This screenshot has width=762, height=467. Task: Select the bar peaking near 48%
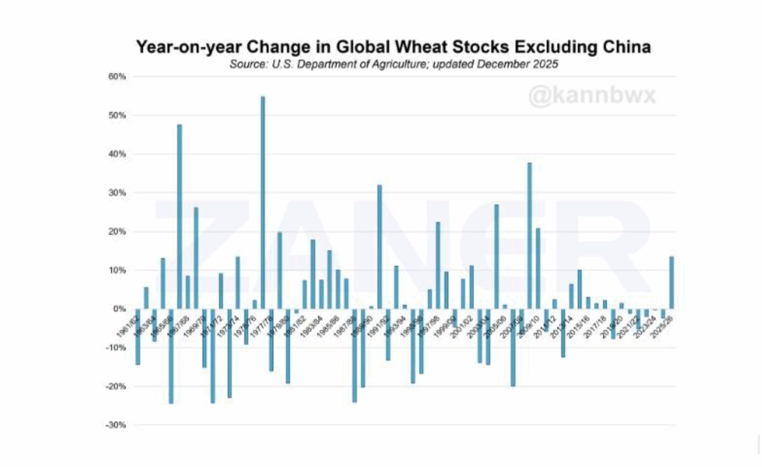180,216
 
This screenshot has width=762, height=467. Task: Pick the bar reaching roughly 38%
530,235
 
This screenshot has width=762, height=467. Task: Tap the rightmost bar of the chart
671,283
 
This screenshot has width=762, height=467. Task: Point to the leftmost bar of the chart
138,337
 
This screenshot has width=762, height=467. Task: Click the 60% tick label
118,77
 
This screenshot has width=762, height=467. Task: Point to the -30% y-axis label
117,425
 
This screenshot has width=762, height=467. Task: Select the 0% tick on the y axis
121,309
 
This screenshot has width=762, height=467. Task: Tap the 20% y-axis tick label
118,232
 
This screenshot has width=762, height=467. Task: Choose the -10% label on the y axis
117,348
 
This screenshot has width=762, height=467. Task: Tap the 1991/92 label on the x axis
378,324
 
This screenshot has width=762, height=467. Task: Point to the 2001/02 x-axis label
462,324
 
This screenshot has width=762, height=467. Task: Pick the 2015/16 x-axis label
579,324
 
